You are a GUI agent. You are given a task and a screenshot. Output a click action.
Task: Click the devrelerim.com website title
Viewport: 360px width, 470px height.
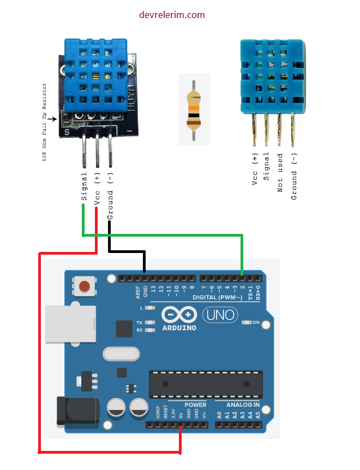click(x=172, y=15)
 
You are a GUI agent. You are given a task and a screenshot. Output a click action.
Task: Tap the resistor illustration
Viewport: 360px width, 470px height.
click(x=194, y=110)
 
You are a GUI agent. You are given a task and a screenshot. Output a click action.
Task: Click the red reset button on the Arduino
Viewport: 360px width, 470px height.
click(x=85, y=286)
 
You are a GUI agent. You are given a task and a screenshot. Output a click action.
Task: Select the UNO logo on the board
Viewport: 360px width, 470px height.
click(x=220, y=315)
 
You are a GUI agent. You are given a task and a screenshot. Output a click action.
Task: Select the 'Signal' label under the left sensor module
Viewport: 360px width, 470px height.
click(x=84, y=186)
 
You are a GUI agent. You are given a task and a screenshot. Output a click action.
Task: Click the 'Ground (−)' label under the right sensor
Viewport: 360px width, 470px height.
click(x=294, y=176)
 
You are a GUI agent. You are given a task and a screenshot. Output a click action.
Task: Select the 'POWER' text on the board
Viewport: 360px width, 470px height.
click(x=195, y=405)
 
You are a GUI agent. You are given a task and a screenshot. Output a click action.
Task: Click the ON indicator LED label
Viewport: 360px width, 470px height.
click(x=255, y=322)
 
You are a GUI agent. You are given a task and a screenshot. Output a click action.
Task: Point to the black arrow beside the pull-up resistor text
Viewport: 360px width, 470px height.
click(x=54, y=118)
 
